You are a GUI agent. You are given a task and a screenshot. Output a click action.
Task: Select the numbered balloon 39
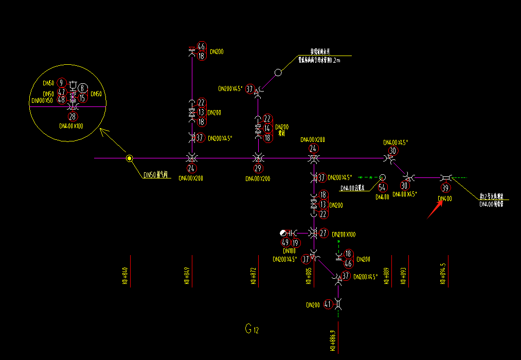coord(445,188)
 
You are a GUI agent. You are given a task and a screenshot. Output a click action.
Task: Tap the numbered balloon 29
coord(258,168)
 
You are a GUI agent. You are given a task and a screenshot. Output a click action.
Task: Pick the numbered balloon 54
coord(382,187)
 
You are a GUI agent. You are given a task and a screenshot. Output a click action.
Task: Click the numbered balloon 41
coord(329,304)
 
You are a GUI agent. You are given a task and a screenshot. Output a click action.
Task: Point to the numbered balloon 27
coord(324,233)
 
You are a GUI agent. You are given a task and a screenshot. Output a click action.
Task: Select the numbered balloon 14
coord(267,128)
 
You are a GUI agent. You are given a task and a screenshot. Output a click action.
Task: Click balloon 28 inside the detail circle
coord(73,116)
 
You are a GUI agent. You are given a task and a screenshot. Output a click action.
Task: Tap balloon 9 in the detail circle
coord(61,83)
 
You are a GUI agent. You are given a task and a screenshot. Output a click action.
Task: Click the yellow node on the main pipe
coord(130,158)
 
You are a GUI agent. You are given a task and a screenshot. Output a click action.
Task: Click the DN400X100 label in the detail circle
coord(71,125)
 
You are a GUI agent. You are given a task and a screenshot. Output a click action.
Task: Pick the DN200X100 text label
coord(344,235)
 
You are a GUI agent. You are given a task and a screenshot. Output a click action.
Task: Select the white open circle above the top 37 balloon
coord(278,73)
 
